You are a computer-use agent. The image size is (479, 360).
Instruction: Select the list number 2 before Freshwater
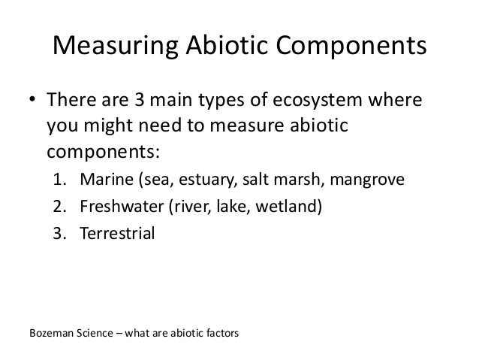58,207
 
